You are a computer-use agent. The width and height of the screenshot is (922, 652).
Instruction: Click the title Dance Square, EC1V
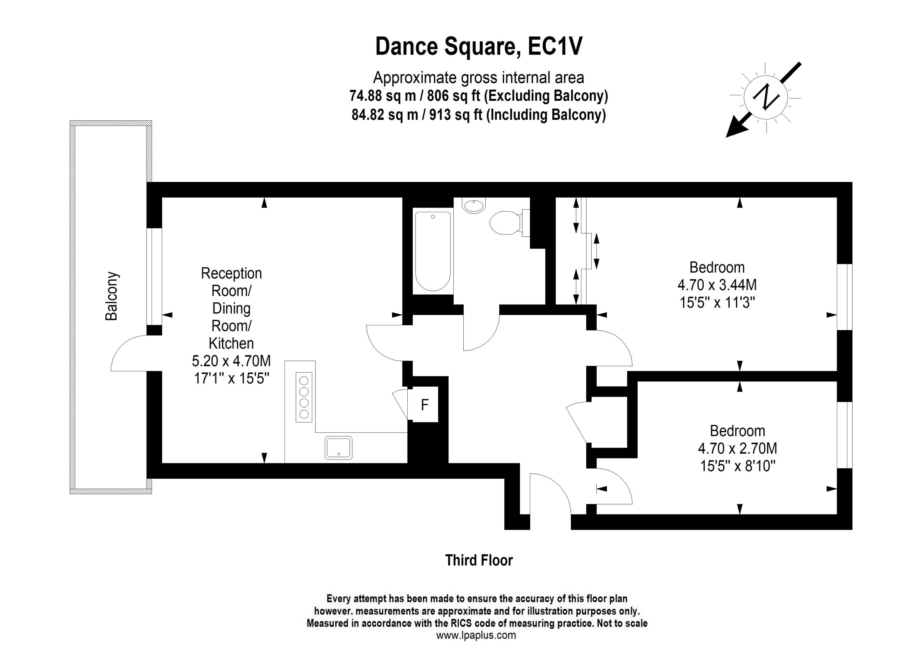point(479,46)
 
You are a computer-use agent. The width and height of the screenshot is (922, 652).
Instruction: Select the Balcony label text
point(112,296)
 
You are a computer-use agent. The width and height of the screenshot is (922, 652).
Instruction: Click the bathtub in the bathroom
point(433,251)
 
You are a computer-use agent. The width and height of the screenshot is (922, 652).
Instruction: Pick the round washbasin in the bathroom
point(474,205)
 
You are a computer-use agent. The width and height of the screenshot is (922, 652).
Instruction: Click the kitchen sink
point(339,447)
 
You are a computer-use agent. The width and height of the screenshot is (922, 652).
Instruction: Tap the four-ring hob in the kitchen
point(304,397)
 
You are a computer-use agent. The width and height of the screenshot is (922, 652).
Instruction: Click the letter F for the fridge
point(424,405)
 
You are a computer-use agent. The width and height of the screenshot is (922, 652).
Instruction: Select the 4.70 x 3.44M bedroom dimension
point(717,285)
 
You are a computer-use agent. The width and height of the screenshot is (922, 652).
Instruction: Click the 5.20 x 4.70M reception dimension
point(231,361)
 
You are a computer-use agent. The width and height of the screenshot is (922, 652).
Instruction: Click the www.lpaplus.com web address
point(476,635)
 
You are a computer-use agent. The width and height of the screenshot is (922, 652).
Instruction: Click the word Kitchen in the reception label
point(231,343)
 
